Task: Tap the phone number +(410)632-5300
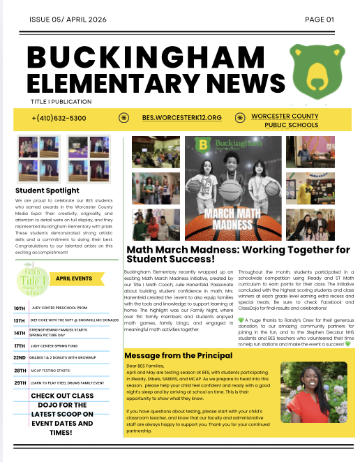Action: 59,118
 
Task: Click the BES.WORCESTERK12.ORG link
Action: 181,118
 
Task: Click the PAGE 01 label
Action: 320,20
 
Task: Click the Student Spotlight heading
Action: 47,190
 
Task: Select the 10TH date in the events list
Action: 20,307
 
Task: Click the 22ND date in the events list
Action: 20,357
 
